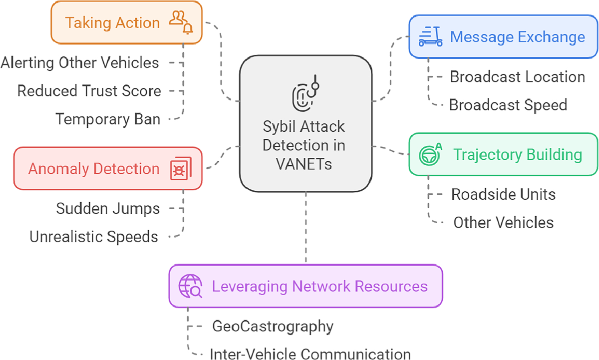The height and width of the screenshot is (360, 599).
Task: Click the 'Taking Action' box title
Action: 112,23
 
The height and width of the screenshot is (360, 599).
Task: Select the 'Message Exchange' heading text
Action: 517,37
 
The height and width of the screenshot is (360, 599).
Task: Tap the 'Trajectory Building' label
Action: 517,155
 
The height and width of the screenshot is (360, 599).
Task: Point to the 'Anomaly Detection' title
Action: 93,169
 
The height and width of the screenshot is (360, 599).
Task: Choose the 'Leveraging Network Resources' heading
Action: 319,286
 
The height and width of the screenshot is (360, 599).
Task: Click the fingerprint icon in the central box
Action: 305,95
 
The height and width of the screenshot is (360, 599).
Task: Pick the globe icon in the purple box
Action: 190,287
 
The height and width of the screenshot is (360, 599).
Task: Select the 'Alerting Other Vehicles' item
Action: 80,63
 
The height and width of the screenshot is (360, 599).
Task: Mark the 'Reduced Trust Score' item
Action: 89,91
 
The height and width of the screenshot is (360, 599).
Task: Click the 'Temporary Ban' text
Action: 108,119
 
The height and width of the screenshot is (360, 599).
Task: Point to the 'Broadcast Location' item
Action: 517,77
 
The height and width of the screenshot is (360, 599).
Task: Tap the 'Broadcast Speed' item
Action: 508,105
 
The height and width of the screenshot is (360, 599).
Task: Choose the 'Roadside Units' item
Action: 503,194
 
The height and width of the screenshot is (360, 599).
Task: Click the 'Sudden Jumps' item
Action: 108,208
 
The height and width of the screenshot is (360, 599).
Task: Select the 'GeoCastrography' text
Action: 273,327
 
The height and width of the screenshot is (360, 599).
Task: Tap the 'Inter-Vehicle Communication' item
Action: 310,354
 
